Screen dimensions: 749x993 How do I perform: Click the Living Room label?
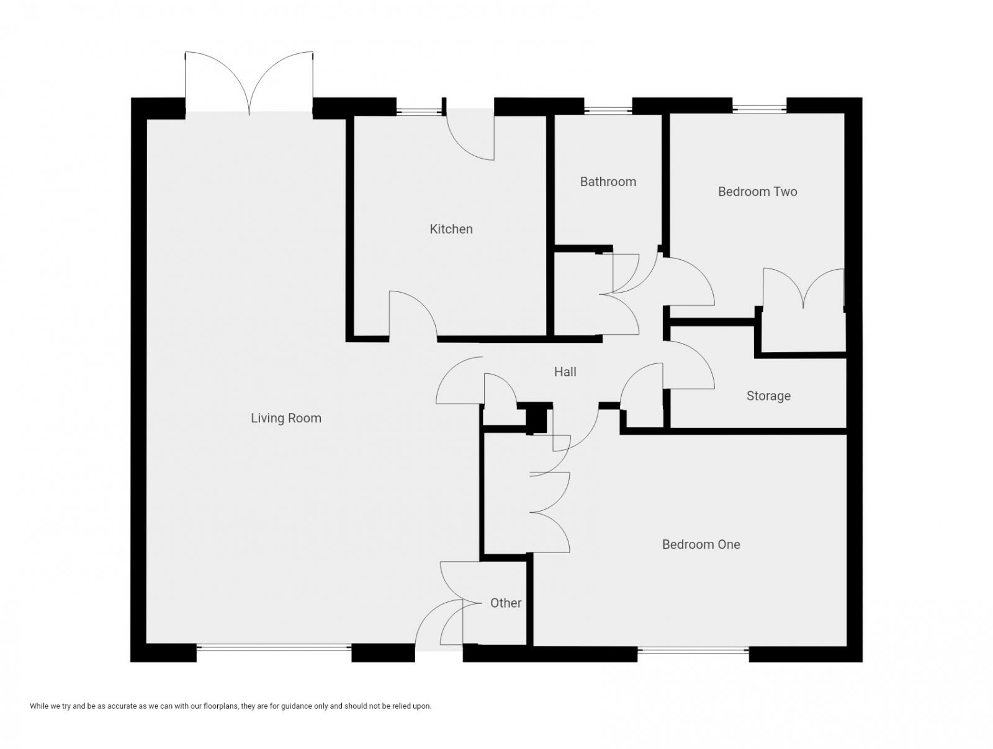pos(285,418)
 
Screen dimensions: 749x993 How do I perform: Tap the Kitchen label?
pos(451,229)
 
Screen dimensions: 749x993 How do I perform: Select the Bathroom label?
pos(608,182)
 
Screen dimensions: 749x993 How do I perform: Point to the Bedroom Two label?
pos(757,192)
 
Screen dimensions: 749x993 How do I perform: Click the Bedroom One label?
pos(701,544)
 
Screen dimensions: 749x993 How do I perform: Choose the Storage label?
pos(768,396)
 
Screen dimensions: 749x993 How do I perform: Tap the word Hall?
pos(565,372)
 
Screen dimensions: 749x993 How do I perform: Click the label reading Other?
pos(506,603)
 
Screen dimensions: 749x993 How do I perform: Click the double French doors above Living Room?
pos(249,84)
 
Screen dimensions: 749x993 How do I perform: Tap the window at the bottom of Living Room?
pos(274,647)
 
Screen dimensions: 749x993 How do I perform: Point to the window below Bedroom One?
pos(693,650)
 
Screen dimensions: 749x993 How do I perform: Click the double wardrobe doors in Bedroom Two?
pos(803,288)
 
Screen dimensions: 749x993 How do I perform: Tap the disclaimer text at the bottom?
pos(230,706)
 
